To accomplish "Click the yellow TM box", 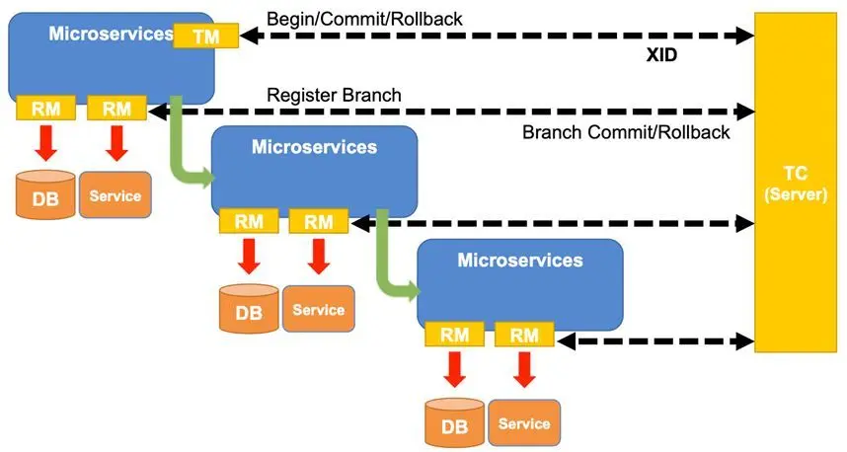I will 205,36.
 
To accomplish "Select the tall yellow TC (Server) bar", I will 795,183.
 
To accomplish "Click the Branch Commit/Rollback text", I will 626,132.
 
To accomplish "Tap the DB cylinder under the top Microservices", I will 45,194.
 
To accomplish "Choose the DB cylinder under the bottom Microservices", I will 454,422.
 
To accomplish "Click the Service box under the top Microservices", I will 115,194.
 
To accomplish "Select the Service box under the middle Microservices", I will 319,308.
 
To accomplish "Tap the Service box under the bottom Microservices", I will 523,422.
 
